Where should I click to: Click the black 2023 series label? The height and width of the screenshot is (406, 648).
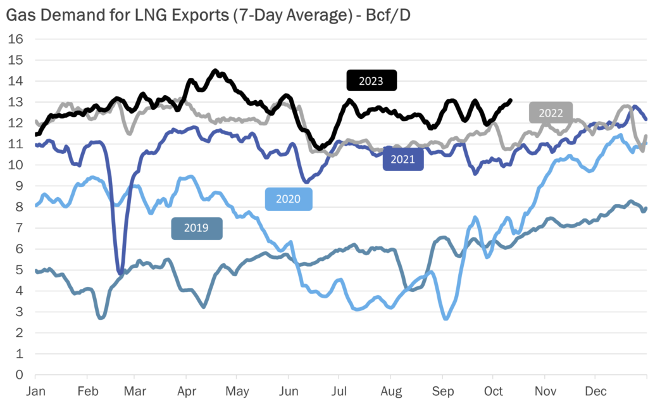pos(371,80)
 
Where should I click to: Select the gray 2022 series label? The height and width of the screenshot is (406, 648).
pos(551,113)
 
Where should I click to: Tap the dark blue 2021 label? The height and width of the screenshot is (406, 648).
pos(402,159)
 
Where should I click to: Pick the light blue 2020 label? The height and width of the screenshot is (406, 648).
pos(289,199)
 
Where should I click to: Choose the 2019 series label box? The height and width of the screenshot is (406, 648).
pos(196,228)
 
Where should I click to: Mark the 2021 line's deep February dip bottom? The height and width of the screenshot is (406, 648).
pos(120,273)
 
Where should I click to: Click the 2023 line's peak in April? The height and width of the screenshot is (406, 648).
pos(215,71)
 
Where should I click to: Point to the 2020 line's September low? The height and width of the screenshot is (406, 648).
pos(445,318)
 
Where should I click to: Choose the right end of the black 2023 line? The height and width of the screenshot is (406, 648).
pos(510,100)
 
